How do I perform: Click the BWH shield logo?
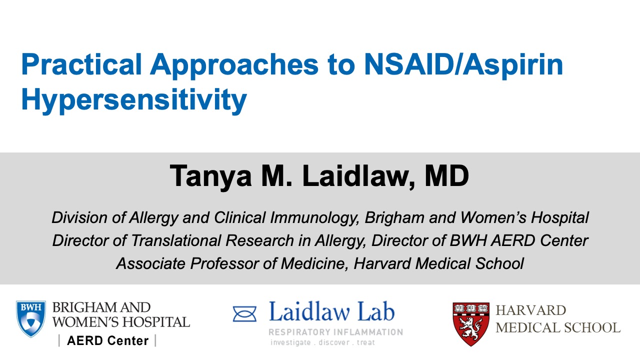[x=31, y=318]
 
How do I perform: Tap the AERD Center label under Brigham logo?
[x=107, y=341]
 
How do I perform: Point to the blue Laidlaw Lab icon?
[x=244, y=314]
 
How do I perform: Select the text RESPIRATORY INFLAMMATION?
[x=335, y=332]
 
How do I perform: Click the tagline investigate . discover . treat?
[x=322, y=343]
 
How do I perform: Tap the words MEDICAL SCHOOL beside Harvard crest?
[x=557, y=328]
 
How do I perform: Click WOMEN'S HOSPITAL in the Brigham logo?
[x=121, y=322]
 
